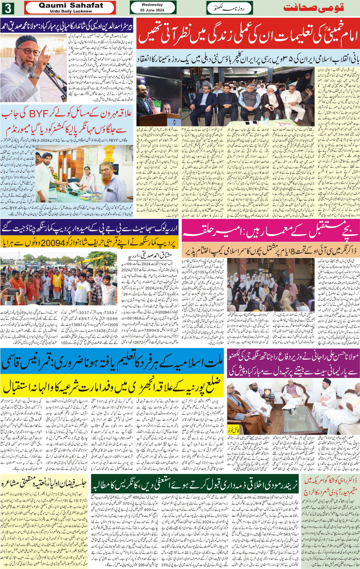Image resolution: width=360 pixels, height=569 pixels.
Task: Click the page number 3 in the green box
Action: tap(7, 8)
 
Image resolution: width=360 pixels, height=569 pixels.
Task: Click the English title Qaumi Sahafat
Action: tap(71, 5)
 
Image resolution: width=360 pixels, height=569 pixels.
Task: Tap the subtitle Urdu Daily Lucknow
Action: tap(71, 11)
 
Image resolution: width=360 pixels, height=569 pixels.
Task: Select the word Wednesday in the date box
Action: tap(152, 5)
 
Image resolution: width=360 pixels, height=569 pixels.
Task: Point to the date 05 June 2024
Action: tap(152, 10)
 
